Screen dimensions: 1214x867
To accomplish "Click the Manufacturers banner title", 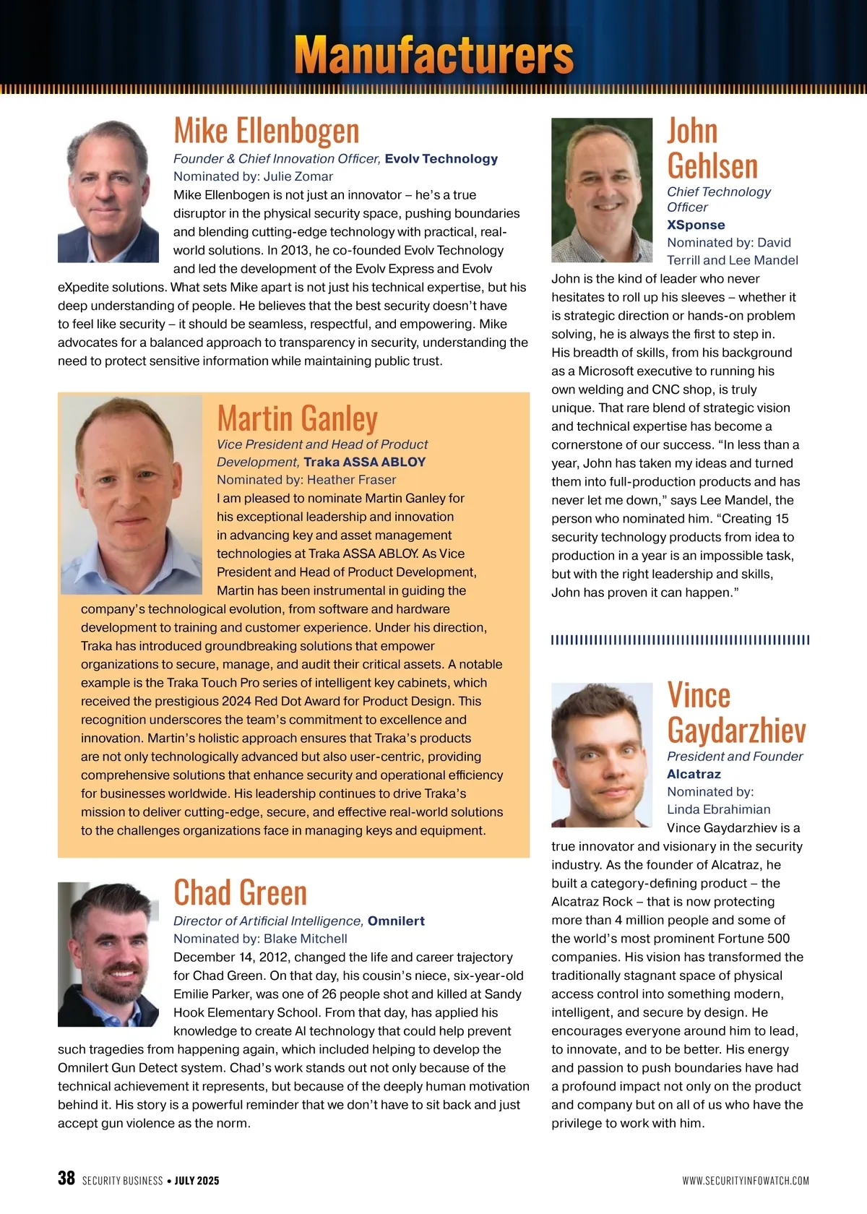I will pos(433,55).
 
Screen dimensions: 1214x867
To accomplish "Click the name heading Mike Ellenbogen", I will pos(267,131).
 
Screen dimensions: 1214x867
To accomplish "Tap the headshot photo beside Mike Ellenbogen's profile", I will pos(108,190).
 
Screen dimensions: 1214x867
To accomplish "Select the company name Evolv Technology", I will pos(441,159).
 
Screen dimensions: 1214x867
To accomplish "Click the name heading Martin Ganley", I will pos(298,418).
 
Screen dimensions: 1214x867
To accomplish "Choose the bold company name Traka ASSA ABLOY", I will pos(365,462).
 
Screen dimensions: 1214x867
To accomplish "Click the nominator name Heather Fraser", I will pos(351,480).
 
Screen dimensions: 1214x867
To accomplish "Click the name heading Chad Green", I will pos(241,892).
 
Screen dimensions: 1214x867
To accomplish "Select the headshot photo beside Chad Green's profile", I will pos(108,954).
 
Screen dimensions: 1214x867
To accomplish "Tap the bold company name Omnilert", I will pos(396,921).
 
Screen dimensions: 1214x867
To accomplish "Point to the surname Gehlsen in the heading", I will pos(712,166).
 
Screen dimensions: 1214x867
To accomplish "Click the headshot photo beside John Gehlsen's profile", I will pos(602,190).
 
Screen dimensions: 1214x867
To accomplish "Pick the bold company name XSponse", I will pos(696,225).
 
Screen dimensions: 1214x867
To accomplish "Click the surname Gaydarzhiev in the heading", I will pos(736,730).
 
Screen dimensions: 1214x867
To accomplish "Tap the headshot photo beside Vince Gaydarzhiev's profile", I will pos(602,755).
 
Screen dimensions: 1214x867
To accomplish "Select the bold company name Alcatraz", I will pos(694,774).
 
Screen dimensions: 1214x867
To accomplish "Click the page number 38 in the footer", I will pos(66,1179).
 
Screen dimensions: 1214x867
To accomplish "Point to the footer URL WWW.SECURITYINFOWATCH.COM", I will pos(746,1181).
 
